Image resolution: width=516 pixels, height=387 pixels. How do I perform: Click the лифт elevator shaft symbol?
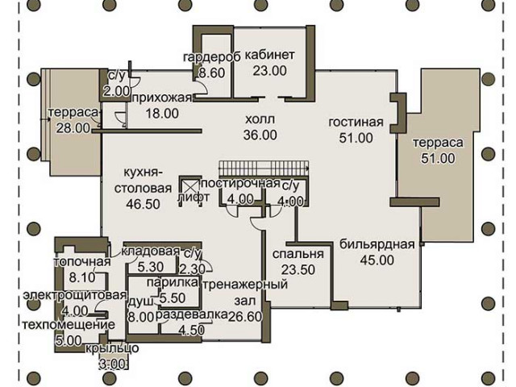(x=190, y=191)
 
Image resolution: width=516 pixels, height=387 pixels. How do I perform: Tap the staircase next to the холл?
(x=264, y=169)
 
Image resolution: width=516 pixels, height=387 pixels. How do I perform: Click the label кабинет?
(x=269, y=56)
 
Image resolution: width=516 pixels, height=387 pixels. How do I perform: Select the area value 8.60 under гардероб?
(x=212, y=73)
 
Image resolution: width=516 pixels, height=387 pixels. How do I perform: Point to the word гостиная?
(x=356, y=122)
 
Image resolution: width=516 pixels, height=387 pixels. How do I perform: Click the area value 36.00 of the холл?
(x=260, y=135)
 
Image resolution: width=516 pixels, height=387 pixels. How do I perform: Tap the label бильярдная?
(x=377, y=244)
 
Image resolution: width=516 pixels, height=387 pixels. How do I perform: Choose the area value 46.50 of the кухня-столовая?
(x=144, y=204)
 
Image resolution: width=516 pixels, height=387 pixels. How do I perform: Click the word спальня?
(x=298, y=255)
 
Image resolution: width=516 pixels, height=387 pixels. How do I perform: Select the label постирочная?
(x=240, y=184)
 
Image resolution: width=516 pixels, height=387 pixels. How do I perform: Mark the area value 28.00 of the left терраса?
(x=73, y=127)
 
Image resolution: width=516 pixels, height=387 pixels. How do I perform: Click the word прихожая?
(x=162, y=98)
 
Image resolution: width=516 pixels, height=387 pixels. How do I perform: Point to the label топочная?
(x=82, y=262)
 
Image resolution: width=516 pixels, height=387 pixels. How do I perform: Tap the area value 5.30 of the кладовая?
(x=151, y=267)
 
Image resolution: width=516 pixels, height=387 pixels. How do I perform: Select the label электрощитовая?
(x=75, y=295)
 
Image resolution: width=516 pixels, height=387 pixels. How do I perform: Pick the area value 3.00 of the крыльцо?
(x=112, y=364)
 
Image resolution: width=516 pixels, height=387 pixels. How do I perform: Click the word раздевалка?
(x=192, y=314)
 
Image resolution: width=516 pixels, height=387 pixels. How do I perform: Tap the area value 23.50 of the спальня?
(x=298, y=270)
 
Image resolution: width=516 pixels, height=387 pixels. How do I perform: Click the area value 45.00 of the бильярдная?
(x=377, y=260)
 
